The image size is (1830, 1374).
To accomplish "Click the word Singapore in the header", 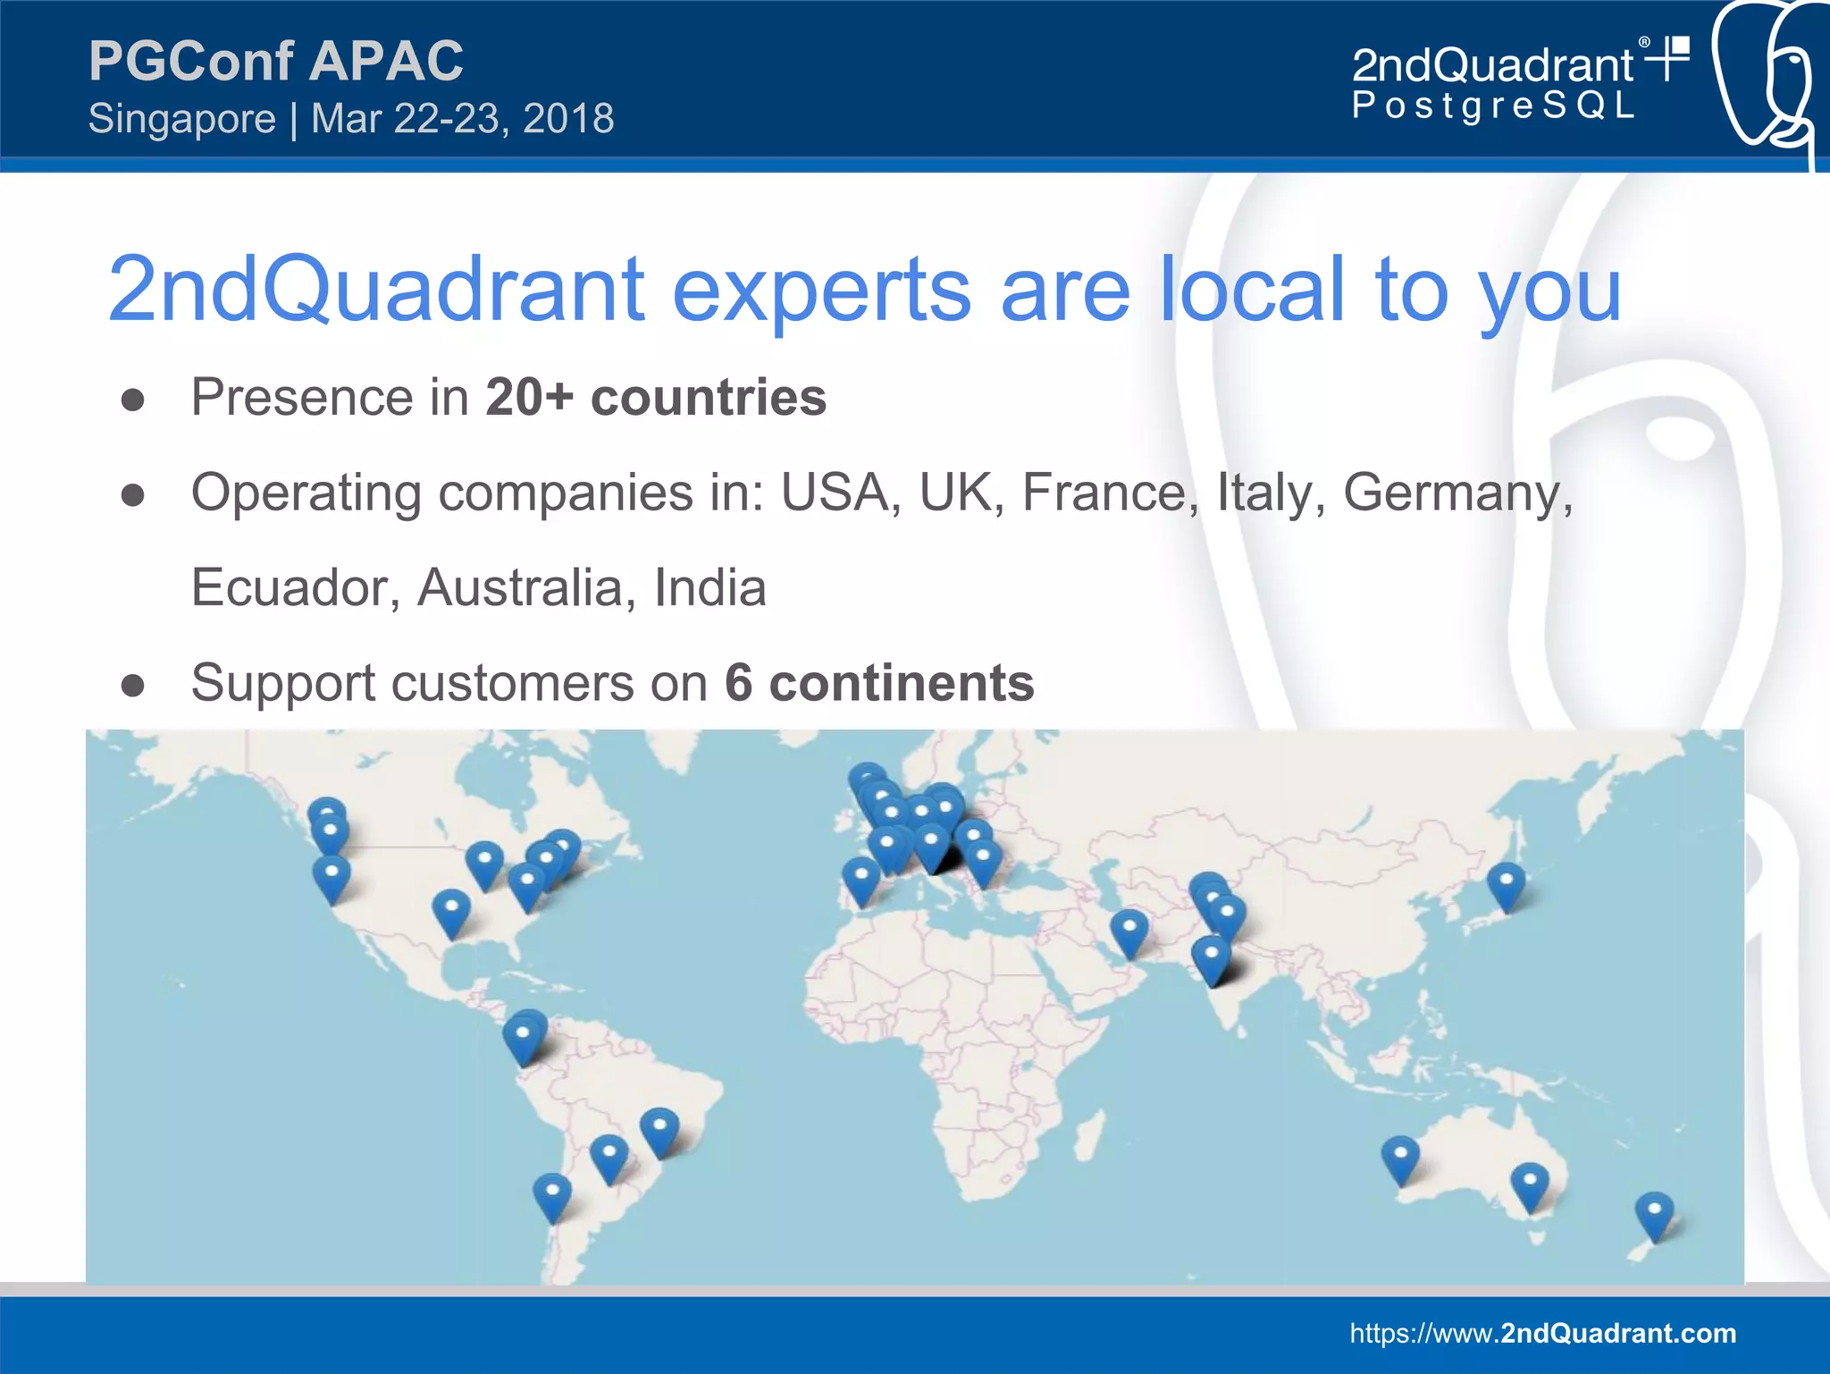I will click(182, 119).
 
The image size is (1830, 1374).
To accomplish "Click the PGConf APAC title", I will click(276, 61).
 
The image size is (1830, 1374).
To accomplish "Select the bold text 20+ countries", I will click(656, 397).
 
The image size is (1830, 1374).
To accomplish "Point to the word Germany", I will click(1457, 493).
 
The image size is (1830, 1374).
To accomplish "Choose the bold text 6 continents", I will click(879, 683).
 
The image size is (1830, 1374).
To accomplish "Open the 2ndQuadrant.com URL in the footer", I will click(1542, 1333).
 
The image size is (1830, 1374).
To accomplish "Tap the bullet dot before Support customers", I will click(133, 686).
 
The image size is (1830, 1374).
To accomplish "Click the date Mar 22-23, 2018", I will click(463, 119).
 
